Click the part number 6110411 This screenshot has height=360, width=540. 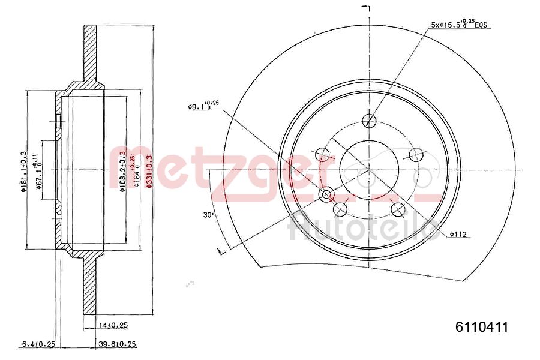click(x=482, y=327)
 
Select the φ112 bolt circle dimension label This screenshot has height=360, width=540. click(x=459, y=234)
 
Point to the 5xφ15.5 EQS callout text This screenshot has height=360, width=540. click(x=460, y=25)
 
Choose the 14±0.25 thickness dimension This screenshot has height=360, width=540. click(x=113, y=325)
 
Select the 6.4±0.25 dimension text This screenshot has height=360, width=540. click(x=38, y=344)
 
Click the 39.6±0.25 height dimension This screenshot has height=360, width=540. click(x=117, y=344)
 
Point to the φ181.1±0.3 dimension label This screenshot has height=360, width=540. click(x=23, y=171)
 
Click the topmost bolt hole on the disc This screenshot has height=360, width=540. click(x=370, y=121)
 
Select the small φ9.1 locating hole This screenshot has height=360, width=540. click(x=327, y=194)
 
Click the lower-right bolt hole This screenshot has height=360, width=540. click(x=398, y=209)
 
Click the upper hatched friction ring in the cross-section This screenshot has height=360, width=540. click(x=90, y=54)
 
